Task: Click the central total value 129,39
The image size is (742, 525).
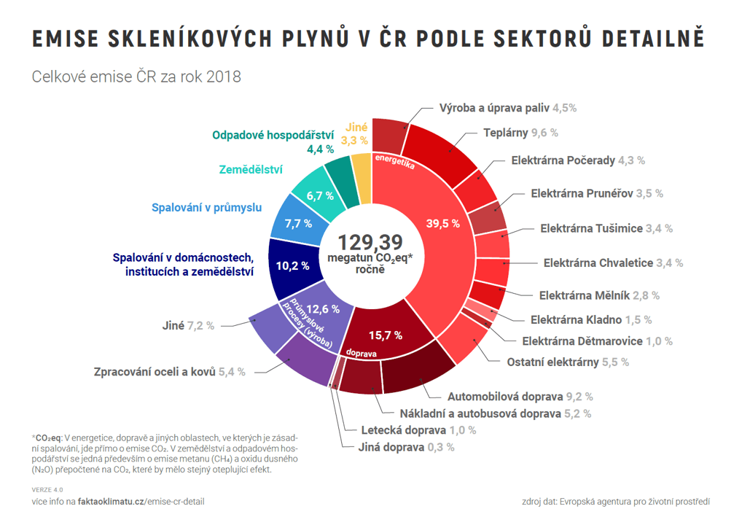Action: tap(370, 242)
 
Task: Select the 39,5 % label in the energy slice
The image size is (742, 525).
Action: tap(442, 223)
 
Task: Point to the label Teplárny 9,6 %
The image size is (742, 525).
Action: tap(520, 133)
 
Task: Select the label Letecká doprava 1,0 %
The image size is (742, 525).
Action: tap(418, 430)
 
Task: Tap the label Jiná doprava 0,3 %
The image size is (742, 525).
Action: tap(406, 447)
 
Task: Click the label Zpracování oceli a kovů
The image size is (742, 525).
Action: tap(170, 371)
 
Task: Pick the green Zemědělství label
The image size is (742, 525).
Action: tap(251, 170)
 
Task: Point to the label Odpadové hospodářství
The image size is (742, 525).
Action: tap(273, 135)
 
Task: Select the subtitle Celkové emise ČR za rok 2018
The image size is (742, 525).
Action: tap(136, 77)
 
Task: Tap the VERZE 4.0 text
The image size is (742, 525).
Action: tap(47, 489)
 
